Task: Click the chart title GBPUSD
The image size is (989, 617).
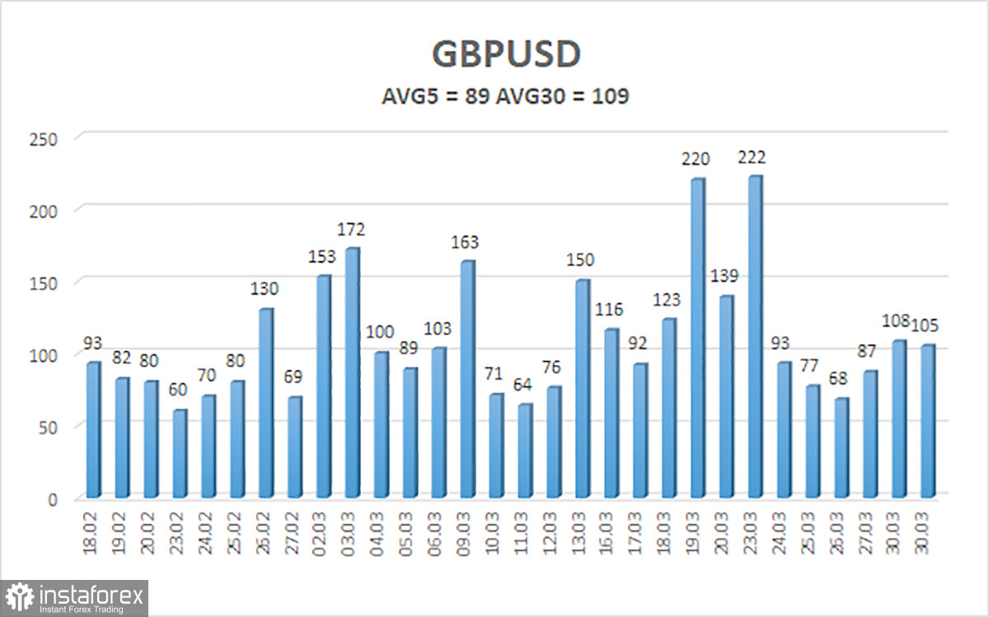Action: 506,54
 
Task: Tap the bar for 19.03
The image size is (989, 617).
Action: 696,338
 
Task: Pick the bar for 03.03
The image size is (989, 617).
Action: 352,372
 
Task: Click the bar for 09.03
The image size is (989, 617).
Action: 466,379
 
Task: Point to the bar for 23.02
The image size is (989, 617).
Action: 180,453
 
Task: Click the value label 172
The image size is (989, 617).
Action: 356,229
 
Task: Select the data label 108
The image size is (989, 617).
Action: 896,322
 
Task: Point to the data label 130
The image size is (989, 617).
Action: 265,289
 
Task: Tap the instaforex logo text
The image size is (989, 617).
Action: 90,594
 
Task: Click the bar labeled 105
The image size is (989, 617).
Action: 926,420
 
